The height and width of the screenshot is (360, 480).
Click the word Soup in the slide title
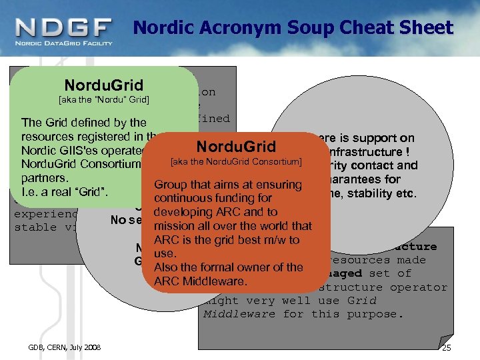point(315,28)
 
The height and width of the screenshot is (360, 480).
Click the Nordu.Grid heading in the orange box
point(236,146)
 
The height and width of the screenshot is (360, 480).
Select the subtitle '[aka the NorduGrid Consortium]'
point(236,161)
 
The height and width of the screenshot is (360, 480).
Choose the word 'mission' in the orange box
point(174,226)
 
